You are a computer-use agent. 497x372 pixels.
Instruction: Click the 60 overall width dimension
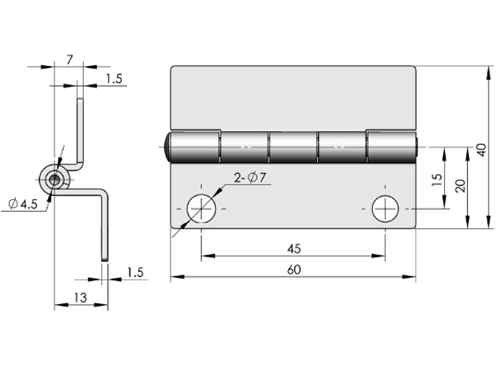[x=294, y=269]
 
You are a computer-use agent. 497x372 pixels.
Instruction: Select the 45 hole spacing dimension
[x=294, y=249]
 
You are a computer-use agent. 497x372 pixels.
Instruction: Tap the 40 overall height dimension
[x=481, y=150]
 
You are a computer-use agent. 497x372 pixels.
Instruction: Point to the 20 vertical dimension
[x=461, y=186]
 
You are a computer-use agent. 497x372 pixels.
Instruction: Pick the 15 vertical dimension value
[x=437, y=180]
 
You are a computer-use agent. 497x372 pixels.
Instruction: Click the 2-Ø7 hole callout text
[x=249, y=178]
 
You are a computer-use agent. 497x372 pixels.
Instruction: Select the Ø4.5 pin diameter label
[x=23, y=204]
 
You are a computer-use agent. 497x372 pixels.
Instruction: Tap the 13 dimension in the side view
[x=80, y=298]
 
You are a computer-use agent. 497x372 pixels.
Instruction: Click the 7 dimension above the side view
[x=70, y=60]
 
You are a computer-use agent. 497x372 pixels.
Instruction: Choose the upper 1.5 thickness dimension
[x=113, y=79]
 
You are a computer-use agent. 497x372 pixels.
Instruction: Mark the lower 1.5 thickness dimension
[x=135, y=272]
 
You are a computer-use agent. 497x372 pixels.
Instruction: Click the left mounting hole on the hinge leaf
[x=201, y=209]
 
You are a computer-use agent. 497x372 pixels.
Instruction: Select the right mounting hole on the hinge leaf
[x=385, y=209]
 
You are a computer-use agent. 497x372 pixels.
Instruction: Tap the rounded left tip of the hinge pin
[x=168, y=147]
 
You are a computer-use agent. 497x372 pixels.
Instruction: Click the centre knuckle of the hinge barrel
[x=293, y=147]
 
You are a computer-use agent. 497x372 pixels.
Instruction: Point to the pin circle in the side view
[x=55, y=180]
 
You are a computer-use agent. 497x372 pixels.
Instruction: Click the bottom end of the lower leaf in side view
[x=105, y=260]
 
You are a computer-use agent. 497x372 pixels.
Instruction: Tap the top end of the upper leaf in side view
[x=80, y=100]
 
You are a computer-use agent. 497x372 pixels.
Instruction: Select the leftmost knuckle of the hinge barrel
[x=195, y=147]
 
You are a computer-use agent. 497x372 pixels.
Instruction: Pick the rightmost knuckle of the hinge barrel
[x=392, y=147]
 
